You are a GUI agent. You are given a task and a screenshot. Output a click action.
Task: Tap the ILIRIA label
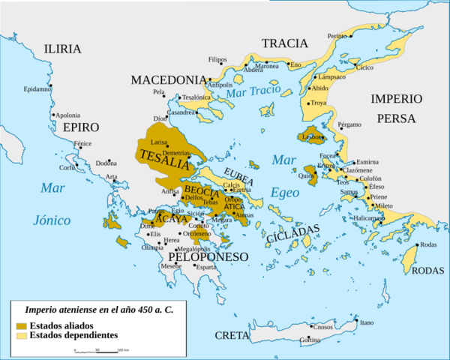(62, 49)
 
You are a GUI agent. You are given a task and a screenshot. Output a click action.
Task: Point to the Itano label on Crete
(366, 322)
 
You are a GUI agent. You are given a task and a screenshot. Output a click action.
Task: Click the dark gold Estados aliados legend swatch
(22, 325)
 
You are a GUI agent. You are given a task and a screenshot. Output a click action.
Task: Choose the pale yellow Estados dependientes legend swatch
(22, 334)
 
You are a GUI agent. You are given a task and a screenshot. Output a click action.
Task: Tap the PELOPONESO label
(208, 256)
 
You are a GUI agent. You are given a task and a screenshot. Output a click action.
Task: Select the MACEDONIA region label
(169, 79)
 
